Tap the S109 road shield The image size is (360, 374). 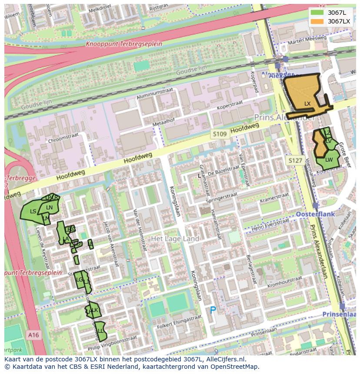pyautogui.click(x=220, y=134)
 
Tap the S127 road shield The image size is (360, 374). pyautogui.click(x=295, y=161)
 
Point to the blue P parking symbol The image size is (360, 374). pyautogui.click(x=213, y=310)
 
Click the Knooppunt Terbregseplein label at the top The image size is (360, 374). pyautogui.click(x=124, y=44)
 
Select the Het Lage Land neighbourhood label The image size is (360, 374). pyautogui.click(x=175, y=239)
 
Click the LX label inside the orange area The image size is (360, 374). pyautogui.click(x=307, y=104)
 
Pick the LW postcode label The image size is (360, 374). pyautogui.click(x=329, y=160)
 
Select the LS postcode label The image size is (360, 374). pyautogui.click(x=33, y=212)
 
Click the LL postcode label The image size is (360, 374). pyautogui.click(x=100, y=331)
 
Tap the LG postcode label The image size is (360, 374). pyautogui.click(x=80, y=280)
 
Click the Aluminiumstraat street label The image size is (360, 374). pyautogui.click(x=154, y=93)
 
